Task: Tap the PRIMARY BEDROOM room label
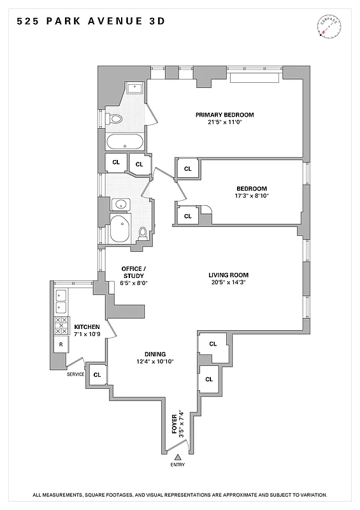[x=224, y=115]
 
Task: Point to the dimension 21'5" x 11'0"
[x=224, y=123]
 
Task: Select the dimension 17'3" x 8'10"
[x=252, y=196]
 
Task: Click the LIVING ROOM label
[x=228, y=275]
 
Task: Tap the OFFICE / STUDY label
[x=134, y=272]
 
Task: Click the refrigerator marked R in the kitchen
[x=61, y=344]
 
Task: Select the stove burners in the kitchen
[x=62, y=326]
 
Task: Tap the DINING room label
[x=155, y=354]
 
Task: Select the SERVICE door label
[x=76, y=374]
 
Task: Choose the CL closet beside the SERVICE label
[x=97, y=374]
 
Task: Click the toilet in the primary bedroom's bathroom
[x=115, y=119]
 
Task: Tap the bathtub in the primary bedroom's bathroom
[x=125, y=142]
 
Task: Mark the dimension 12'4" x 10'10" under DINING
[x=155, y=361]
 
